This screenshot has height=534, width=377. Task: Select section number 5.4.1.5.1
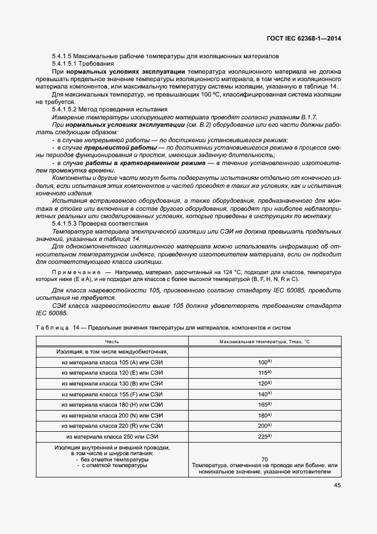[67, 64]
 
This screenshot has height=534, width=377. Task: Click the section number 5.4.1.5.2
[67, 109]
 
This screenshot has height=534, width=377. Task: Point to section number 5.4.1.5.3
[67, 223]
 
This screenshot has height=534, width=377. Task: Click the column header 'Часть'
[112, 341]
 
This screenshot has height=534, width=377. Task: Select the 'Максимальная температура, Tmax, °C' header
[264, 341]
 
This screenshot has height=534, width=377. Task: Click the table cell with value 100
[264, 362]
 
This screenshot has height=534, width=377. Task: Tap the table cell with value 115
[264, 373]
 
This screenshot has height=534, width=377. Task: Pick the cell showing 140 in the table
[264, 394]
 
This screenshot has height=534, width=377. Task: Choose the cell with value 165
[264, 405]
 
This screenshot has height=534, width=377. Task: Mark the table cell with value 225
[264, 437]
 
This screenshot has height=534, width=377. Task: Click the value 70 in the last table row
[264, 459]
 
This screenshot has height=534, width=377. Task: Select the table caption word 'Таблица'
[51, 328]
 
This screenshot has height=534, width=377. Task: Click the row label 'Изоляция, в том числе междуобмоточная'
[112, 352]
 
